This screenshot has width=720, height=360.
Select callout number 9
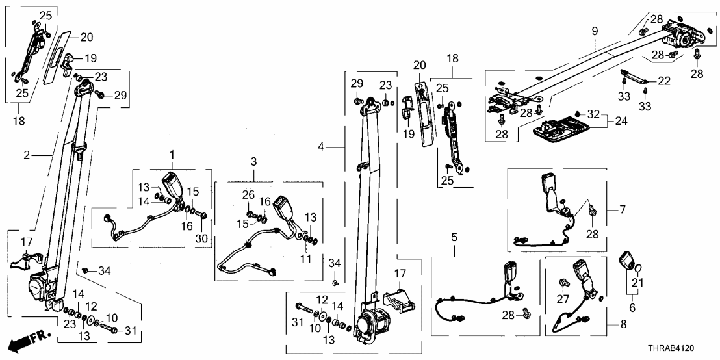click(x=594, y=29)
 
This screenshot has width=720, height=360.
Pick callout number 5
click(x=454, y=237)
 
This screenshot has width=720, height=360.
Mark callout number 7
click(x=622, y=210)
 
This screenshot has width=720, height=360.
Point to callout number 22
click(x=663, y=81)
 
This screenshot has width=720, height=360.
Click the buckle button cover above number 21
click(x=627, y=260)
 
